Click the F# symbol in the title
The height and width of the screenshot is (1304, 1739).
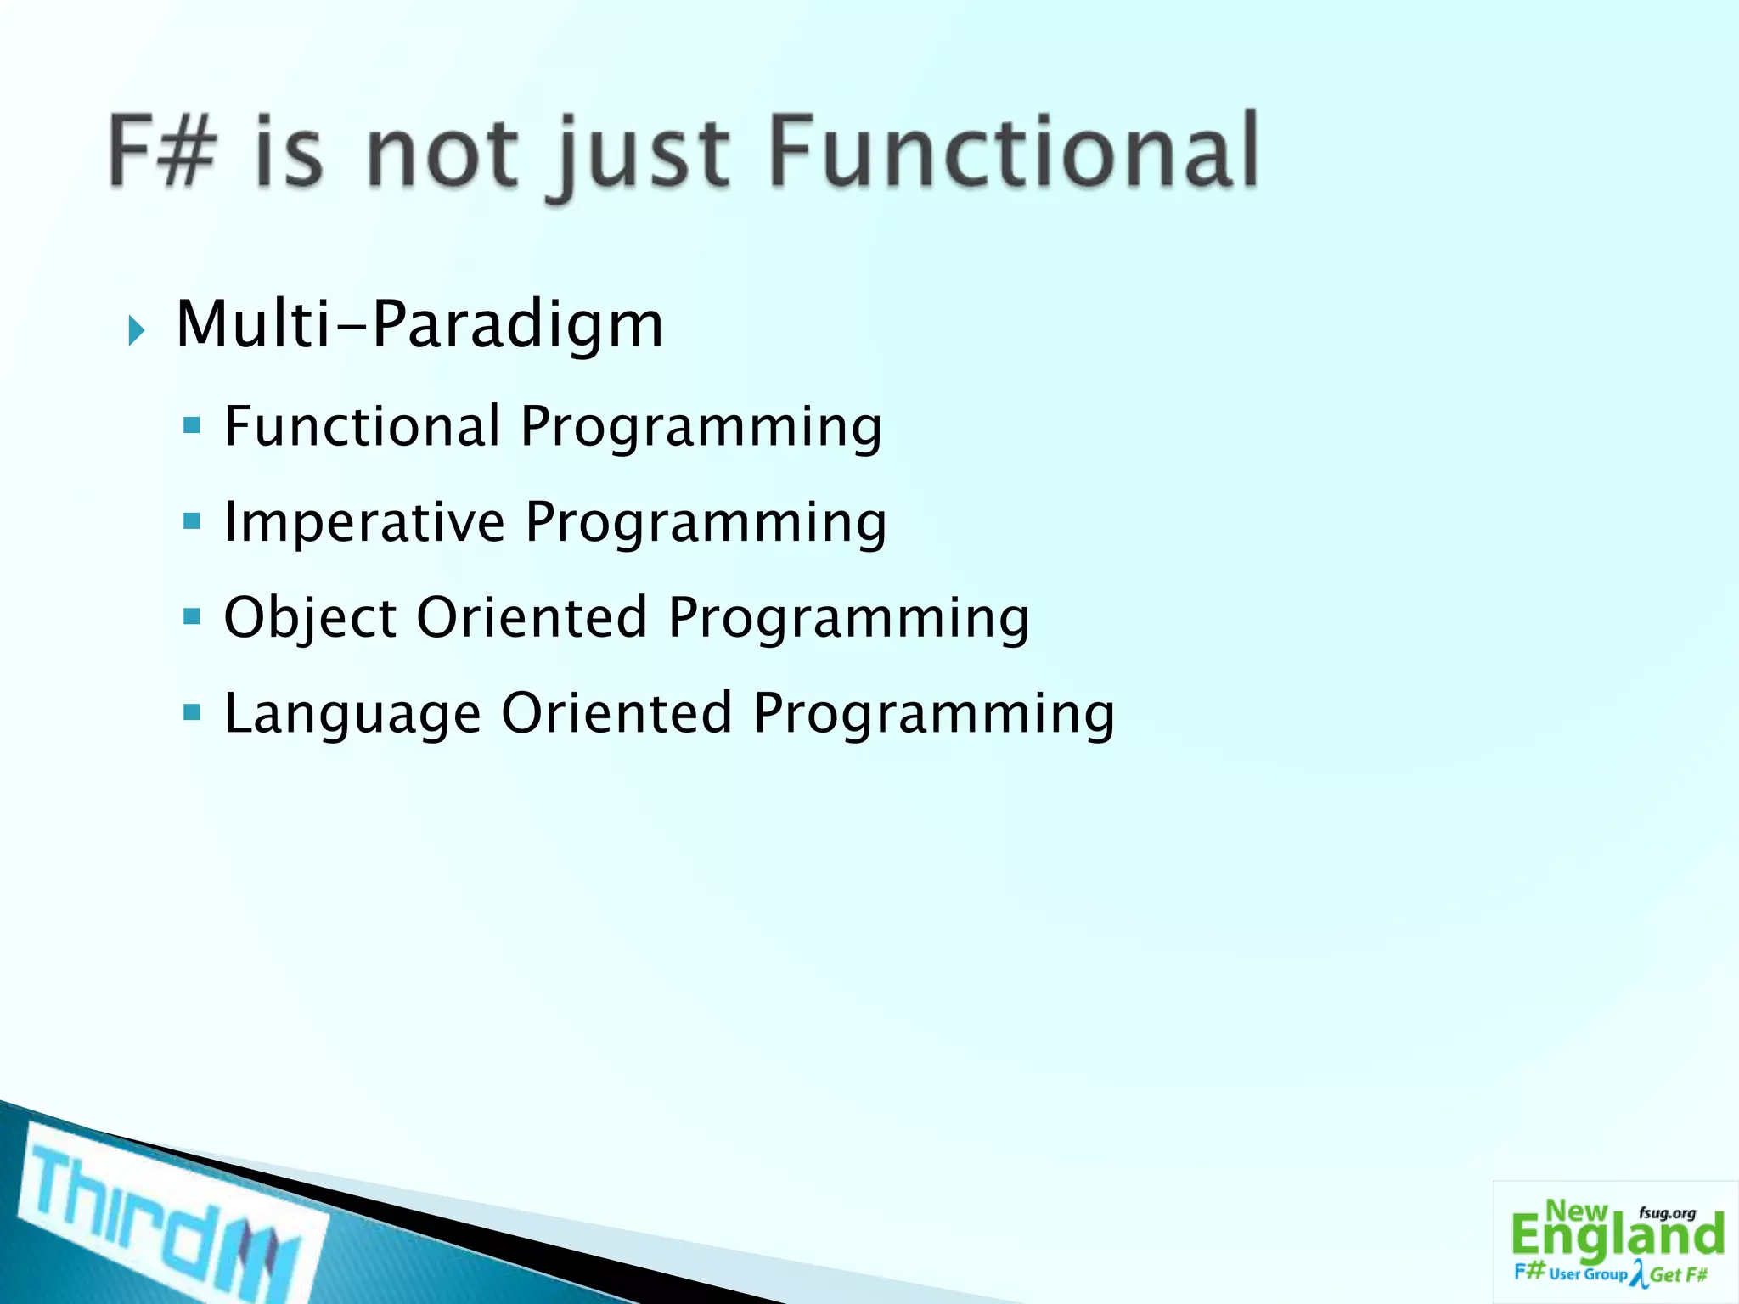161,151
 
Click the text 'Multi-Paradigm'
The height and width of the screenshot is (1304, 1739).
419,325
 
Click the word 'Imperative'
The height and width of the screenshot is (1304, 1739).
364,521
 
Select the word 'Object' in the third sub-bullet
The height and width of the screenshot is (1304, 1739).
310,618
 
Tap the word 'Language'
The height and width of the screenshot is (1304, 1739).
352,714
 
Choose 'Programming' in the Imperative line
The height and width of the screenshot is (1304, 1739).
706,521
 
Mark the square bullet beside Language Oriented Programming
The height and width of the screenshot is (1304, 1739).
192,711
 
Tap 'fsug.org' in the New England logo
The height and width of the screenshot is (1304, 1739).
1667,1213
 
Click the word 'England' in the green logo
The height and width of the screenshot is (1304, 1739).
1617,1237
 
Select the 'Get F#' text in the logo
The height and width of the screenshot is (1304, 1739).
1679,1274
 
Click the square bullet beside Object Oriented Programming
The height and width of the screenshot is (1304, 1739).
192,615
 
